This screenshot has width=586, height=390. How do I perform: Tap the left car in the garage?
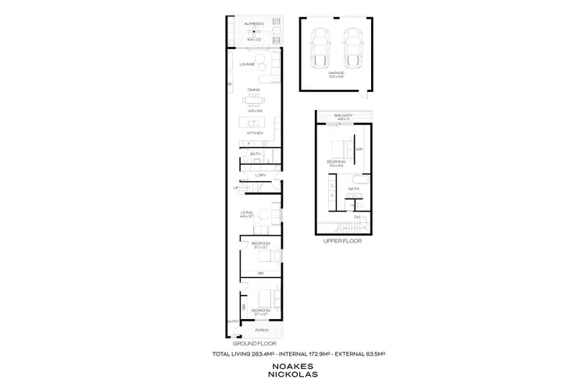[x=320, y=48]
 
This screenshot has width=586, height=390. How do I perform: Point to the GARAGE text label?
[x=337, y=73]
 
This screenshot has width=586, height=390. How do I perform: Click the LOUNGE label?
[x=248, y=64]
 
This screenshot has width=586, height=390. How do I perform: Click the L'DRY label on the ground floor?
[x=260, y=176]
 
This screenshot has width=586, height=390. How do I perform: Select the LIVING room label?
[x=247, y=212]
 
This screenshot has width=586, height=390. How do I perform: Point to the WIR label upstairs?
[x=359, y=149]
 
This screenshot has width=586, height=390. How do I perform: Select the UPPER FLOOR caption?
[x=342, y=241]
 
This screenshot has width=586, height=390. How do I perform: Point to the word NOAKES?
[x=292, y=365]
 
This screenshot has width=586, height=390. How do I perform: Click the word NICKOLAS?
[x=292, y=375]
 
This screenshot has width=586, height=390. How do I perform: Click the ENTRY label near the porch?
[x=232, y=321]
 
